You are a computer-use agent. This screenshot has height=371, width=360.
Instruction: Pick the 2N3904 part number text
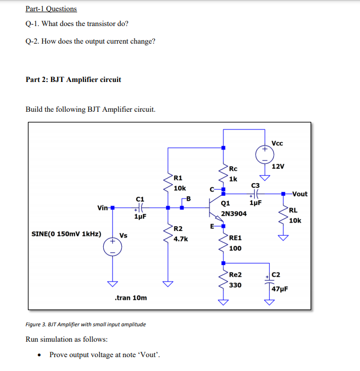click(x=233, y=213)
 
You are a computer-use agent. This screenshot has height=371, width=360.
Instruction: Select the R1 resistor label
click(x=178, y=178)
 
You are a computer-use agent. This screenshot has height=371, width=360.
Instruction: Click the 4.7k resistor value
click(x=181, y=239)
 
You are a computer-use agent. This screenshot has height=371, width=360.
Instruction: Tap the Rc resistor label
click(x=233, y=169)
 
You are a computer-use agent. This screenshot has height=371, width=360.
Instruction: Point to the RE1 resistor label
click(x=235, y=238)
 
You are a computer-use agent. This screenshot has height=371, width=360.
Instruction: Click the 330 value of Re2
click(x=235, y=285)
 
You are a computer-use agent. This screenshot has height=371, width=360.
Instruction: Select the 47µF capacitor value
click(x=280, y=288)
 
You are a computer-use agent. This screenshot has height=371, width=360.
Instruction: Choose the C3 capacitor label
click(x=255, y=185)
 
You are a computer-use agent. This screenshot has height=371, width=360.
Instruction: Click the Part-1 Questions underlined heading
click(x=51, y=9)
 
